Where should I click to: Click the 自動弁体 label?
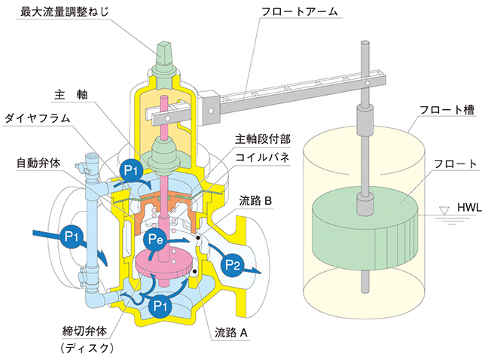pyautogui.click(x=40, y=162)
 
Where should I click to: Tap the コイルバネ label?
pyautogui.click(x=261, y=158)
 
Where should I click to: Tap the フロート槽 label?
pyautogui.click(x=442, y=110)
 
